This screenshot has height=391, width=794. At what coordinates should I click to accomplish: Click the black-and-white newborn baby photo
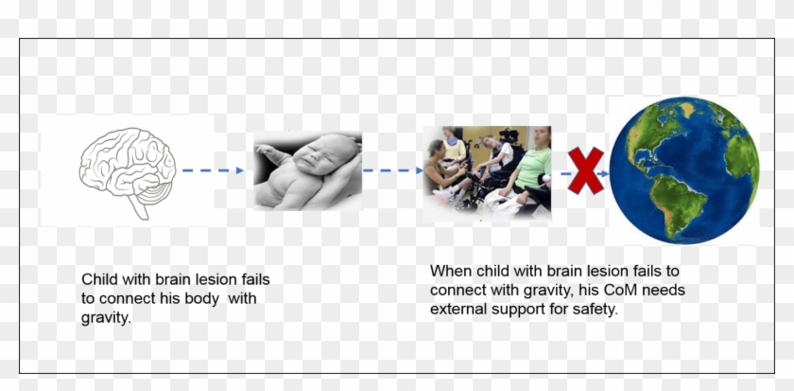(x=307, y=170)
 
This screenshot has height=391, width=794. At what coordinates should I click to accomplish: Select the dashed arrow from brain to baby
(x=213, y=170)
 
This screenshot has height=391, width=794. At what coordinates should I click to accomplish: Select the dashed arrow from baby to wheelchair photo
(x=391, y=171)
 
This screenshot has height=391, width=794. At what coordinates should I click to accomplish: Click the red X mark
(x=586, y=171)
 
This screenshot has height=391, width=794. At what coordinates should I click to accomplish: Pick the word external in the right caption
(x=458, y=310)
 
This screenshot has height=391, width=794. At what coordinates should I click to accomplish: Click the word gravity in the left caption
(x=105, y=319)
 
